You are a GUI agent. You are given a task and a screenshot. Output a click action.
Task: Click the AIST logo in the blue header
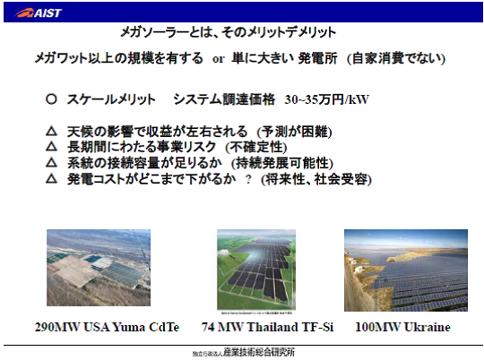click(x=39, y=13)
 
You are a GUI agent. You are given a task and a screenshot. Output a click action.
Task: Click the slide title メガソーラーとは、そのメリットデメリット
click(x=229, y=32)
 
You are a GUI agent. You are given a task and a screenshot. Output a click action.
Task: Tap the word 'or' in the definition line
click(x=219, y=58)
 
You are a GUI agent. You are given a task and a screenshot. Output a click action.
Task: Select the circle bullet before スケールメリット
click(x=51, y=99)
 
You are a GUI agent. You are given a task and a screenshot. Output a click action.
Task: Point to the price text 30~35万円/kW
click(x=326, y=99)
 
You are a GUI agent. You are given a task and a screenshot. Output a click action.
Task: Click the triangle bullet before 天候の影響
click(x=51, y=131)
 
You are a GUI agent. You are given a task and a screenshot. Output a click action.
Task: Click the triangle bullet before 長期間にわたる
click(x=51, y=146)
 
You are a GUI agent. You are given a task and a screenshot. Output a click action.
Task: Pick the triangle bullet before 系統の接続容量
click(x=51, y=162)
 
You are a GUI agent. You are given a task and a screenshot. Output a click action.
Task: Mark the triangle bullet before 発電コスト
click(x=51, y=178)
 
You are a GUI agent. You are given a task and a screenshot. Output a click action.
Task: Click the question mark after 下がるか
click(x=248, y=179)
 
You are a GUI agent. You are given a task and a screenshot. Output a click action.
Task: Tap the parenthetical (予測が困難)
click(x=294, y=132)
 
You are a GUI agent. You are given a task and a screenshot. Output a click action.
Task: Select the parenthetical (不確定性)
click(x=255, y=147)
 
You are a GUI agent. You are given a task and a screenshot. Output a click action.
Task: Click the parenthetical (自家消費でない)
click(x=396, y=58)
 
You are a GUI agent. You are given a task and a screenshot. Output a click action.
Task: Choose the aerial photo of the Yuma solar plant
click(x=99, y=268)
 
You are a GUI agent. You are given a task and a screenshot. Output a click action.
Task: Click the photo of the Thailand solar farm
click(x=256, y=270)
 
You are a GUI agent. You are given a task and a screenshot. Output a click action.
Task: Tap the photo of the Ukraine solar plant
click(x=406, y=270)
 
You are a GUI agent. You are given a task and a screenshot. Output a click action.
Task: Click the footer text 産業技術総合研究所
click(x=259, y=352)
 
